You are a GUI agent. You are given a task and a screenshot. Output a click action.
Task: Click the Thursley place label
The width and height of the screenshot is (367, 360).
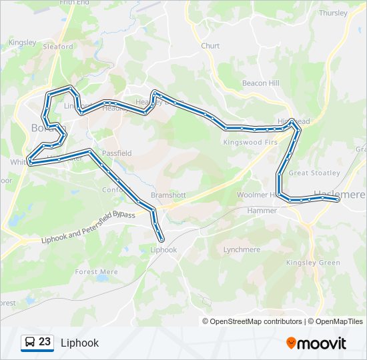tap(333, 13)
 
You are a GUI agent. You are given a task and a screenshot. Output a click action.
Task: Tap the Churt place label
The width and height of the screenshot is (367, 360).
tap(210, 46)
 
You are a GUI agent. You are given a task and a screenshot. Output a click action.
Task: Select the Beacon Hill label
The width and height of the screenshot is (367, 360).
tap(260, 83)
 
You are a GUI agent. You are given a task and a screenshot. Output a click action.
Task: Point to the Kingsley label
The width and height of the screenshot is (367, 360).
tap(22, 42)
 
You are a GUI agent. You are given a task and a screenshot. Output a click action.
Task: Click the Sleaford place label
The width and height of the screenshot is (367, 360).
tap(57, 47)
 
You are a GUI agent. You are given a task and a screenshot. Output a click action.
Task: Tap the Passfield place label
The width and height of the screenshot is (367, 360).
tap(116, 153)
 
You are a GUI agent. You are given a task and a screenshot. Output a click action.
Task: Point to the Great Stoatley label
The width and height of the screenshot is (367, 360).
tap(314, 173)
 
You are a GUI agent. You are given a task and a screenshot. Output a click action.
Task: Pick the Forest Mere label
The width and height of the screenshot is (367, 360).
tap(96, 272)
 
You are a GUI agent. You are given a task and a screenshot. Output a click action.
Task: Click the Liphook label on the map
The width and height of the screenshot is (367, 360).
tap(163, 250)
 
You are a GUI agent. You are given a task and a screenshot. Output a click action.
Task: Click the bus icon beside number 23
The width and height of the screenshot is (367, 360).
tap(29, 343)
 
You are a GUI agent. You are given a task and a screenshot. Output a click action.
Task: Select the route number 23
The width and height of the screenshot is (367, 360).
tap(45, 342)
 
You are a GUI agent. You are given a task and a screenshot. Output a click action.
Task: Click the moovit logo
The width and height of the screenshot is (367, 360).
tap(316, 343)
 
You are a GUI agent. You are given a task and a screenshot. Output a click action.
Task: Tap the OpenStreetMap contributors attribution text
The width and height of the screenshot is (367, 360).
tap(256, 321)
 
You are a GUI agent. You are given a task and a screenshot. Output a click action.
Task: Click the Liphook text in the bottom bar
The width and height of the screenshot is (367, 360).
tap(79, 343)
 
